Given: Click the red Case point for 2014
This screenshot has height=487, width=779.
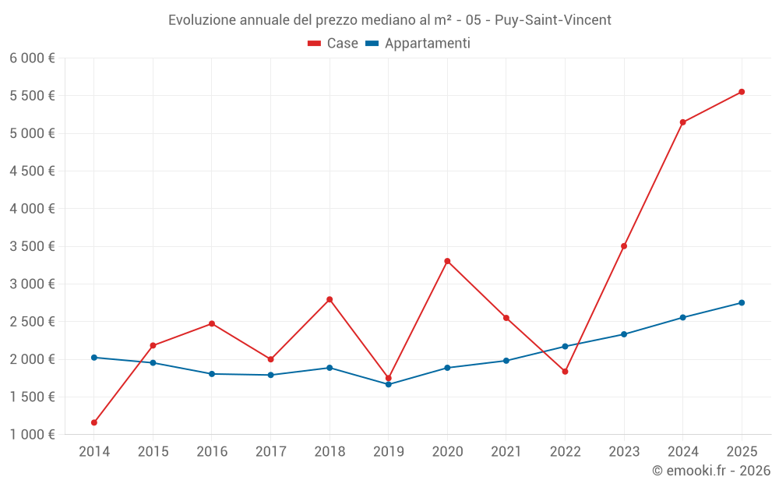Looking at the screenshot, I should tap(94, 422).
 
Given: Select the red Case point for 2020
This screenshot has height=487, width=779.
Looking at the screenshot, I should tap(447, 261).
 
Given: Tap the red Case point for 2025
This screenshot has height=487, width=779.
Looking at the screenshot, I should tap(742, 92).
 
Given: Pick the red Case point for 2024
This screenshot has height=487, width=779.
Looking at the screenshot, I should tap(682, 122).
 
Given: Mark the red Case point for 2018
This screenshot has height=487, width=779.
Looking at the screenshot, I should tap(330, 299).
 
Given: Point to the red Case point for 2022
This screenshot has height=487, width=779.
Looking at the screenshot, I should tap(565, 372).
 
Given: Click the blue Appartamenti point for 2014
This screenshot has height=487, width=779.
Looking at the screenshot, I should tap(94, 358).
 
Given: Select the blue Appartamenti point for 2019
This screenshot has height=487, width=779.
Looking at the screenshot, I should tap(388, 384).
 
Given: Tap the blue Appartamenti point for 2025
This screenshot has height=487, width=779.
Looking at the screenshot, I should tap(742, 303).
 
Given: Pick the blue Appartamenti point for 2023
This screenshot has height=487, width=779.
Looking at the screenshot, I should tap(624, 334).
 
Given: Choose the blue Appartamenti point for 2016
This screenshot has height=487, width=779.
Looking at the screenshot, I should tap(212, 374).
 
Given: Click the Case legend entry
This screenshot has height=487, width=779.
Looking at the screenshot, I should tap(333, 44).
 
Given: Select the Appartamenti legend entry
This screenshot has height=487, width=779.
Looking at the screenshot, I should tap(418, 44).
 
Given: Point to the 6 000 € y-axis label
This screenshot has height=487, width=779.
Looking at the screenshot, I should tap(32, 58).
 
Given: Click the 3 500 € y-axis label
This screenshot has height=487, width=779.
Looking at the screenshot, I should tap(32, 246).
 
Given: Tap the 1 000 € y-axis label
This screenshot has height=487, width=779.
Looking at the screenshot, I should tap(32, 435).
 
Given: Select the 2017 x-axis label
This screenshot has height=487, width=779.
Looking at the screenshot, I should tap(270, 452).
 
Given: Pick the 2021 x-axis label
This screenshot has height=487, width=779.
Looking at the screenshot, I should tap(506, 452).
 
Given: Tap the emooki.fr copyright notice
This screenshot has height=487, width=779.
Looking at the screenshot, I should tap(711, 471).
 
